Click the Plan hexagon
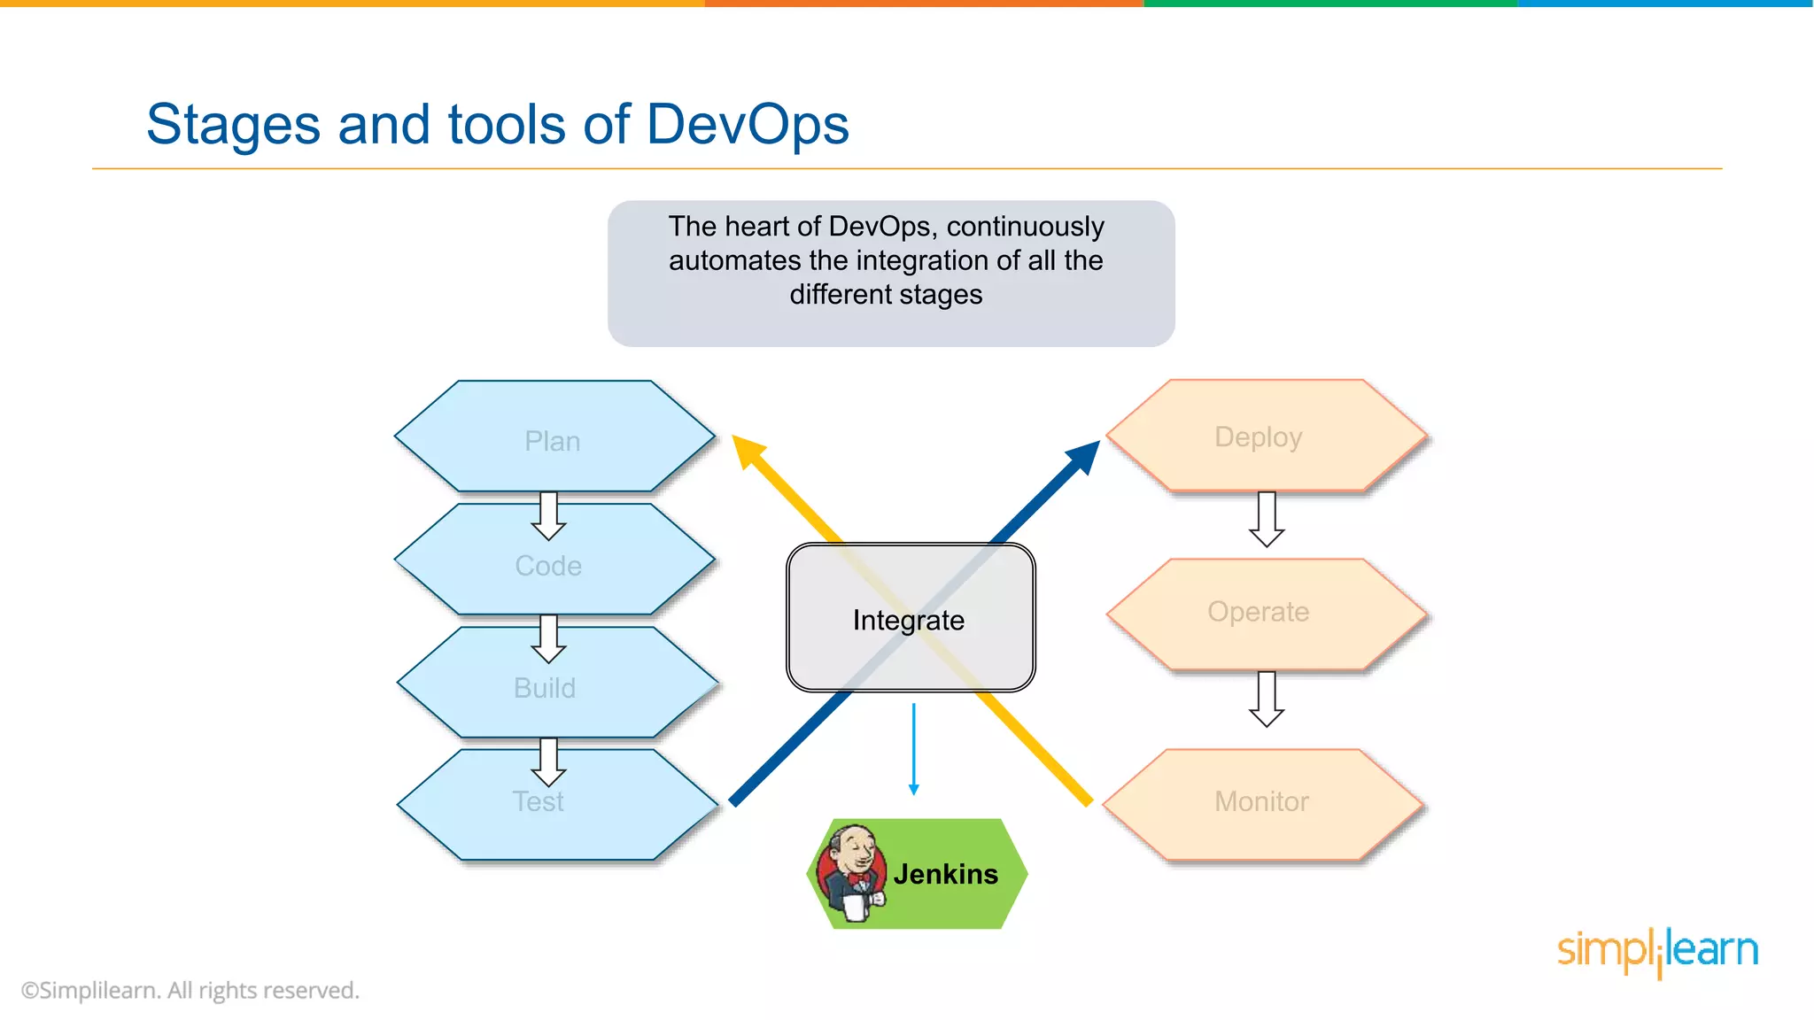(x=554, y=440)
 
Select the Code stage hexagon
(x=549, y=566)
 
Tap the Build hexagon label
(x=545, y=688)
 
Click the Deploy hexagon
(x=1259, y=437)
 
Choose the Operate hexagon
(x=1259, y=612)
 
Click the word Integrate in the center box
(x=909, y=621)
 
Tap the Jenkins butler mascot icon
(x=851, y=874)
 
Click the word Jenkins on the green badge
(x=946, y=875)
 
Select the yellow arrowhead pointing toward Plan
(x=748, y=451)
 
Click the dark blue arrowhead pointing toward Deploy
(x=1084, y=457)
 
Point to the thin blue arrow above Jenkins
(x=914, y=749)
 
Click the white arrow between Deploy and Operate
(x=1267, y=520)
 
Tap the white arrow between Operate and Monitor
(x=1267, y=699)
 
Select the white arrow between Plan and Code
(x=549, y=516)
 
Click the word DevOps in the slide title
(x=748, y=124)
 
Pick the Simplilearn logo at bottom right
(x=1657, y=951)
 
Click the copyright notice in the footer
(x=190, y=991)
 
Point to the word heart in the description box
(x=764, y=227)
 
